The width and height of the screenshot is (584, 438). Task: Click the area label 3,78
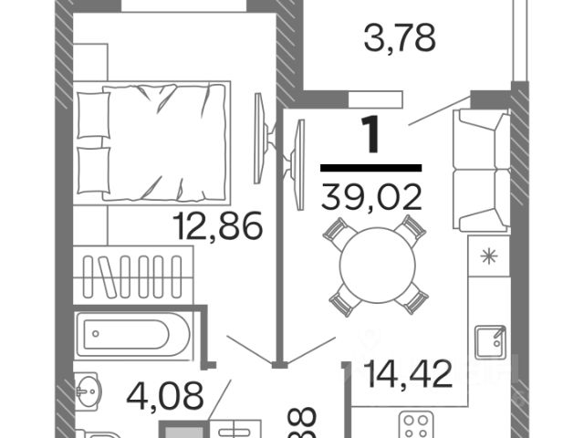pyautogui.click(x=399, y=39)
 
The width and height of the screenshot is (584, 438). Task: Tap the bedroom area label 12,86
pyautogui.click(x=220, y=224)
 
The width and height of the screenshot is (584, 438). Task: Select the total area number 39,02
pyautogui.click(x=371, y=195)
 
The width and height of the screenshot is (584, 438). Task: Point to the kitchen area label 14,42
pyautogui.click(x=408, y=373)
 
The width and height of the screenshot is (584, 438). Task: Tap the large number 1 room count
pyautogui.click(x=370, y=135)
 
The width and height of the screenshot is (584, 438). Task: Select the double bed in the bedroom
pyautogui.click(x=152, y=141)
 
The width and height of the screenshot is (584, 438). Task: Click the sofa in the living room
pyautogui.click(x=480, y=169)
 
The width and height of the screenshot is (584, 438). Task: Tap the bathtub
pyautogui.click(x=134, y=335)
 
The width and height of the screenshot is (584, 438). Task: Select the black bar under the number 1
pyautogui.click(x=371, y=168)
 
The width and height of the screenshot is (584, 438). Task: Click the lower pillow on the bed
pyautogui.click(x=93, y=168)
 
